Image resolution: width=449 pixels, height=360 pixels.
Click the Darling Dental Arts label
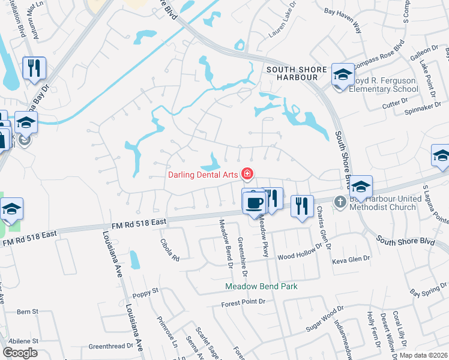tap(202, 175)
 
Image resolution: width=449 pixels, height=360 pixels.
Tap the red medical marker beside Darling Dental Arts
tap(246, 175)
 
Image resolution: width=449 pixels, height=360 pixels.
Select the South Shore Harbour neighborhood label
tap(292, 73)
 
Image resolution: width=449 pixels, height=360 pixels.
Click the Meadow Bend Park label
tap(261, 287)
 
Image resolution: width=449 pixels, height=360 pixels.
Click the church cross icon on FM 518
tap(340, 202)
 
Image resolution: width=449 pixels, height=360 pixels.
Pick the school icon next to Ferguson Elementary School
tap(342, 75)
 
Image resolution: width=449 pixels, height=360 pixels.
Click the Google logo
tap(20, 353)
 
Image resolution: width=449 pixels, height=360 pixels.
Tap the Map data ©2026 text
tap(423, 355)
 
